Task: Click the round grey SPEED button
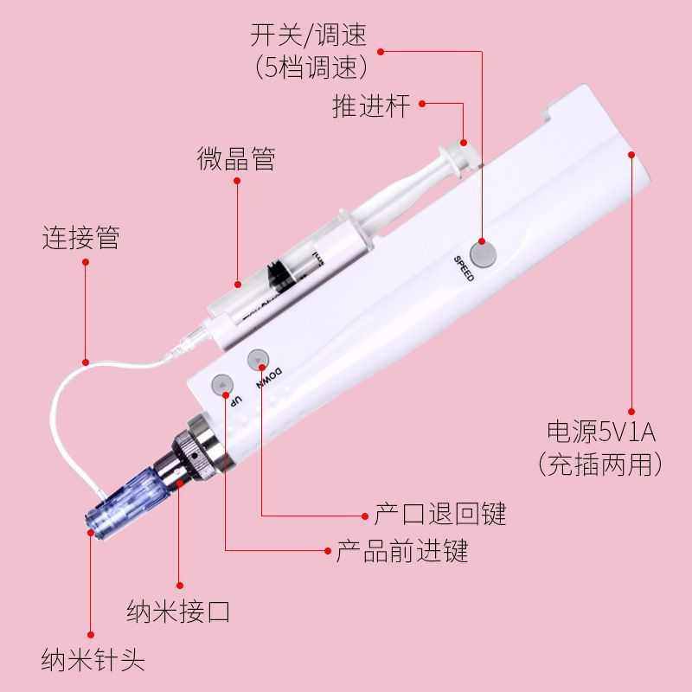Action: coord(484,253)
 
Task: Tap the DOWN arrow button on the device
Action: coord(258,359)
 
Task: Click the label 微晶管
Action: coord(235,159)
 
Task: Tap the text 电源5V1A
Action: coord(601,431)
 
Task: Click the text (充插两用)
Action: coord(601,465)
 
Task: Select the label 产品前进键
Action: coord(402,551)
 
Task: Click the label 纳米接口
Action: coord(178,612)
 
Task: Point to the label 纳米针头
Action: coord(93,661)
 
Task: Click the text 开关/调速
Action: coord(308,35)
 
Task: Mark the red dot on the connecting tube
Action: coord(85,362)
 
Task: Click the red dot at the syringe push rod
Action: coord(464,143)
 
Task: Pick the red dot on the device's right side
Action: coord(631,155)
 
